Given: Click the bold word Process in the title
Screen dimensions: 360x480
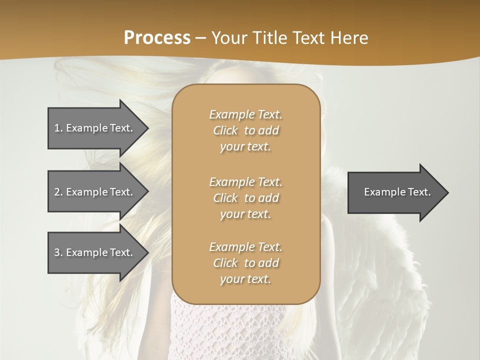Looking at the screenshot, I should click(157, 37).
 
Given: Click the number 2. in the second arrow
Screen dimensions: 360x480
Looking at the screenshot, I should click(58, 192).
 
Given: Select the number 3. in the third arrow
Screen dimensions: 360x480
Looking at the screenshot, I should click(58, 252).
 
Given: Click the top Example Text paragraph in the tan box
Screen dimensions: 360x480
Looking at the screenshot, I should click(245, 130).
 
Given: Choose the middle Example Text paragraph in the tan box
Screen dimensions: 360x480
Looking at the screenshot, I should click(245, 198).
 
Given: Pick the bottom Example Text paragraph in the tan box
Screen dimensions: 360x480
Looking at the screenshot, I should click(245, 263).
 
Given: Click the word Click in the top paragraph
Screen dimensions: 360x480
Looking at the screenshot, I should click(225, 130).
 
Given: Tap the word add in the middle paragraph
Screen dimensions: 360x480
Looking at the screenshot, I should click(268, 198).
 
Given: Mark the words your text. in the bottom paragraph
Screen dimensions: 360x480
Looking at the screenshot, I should click(245, 279).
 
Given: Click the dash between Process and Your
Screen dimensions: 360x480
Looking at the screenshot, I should click(200, 38).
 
